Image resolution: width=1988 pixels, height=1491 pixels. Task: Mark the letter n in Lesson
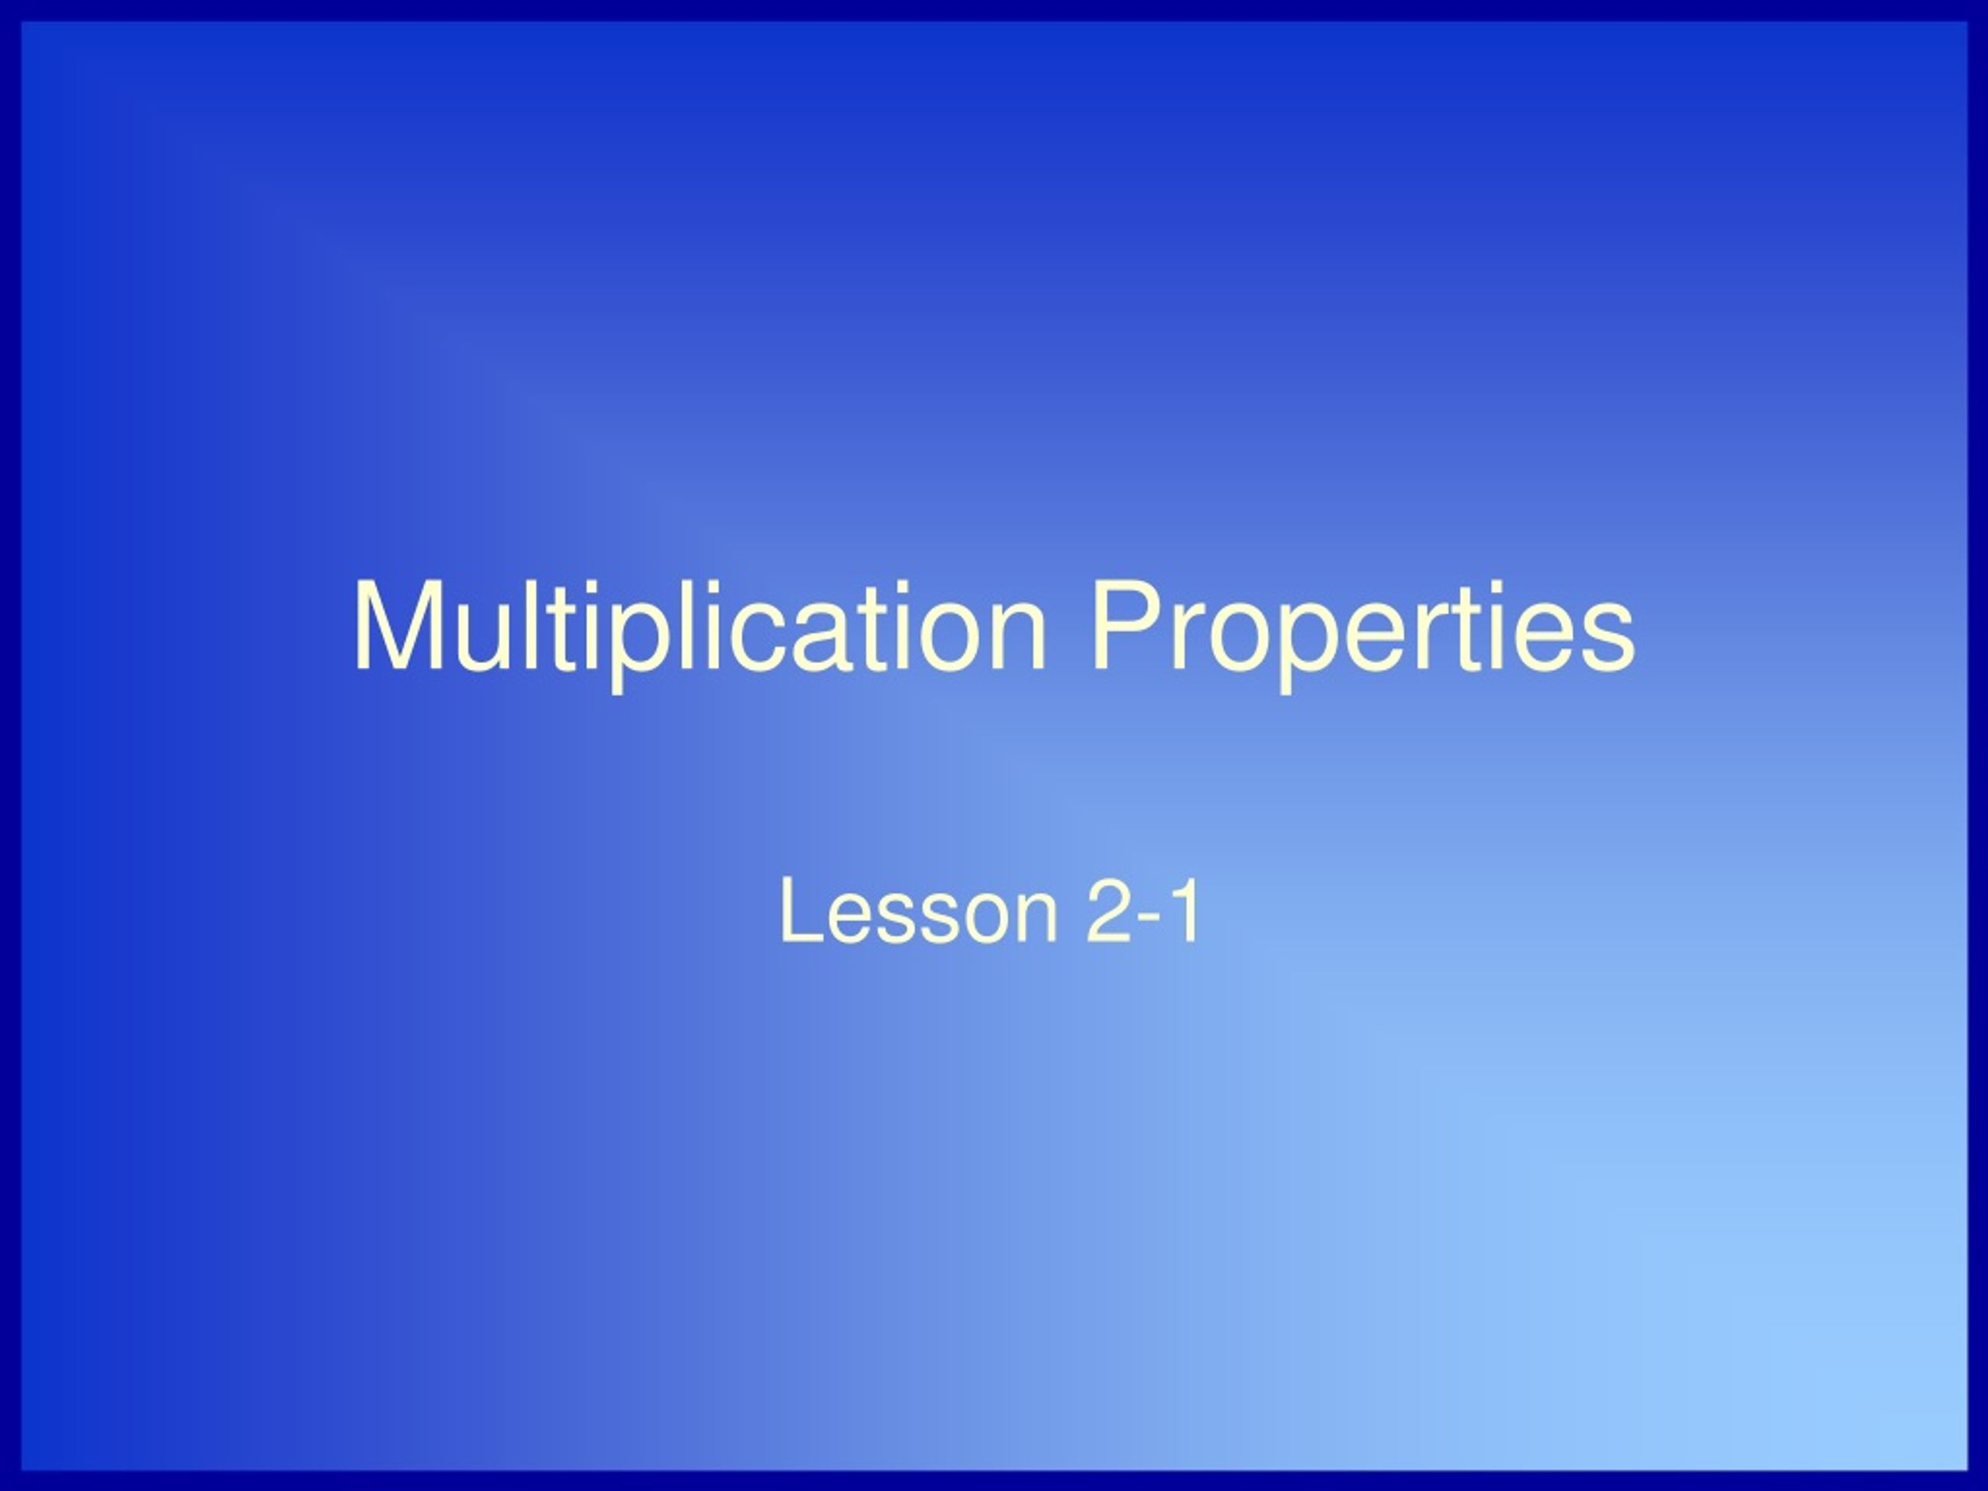coord(1034,916)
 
